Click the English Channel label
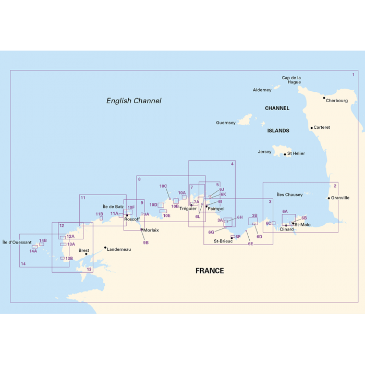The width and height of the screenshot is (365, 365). [x=133, y=101]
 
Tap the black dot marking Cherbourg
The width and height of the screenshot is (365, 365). [x=324, y=98]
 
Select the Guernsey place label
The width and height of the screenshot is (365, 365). [x=226, y=123]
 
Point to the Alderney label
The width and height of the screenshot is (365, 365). [x=262, y=90]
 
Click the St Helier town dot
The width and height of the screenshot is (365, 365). [x=285, y=154]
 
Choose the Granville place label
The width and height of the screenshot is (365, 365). [x=340, y=198]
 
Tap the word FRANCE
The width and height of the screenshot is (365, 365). [x=210, y=271]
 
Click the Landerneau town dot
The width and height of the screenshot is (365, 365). [x=105, y=248]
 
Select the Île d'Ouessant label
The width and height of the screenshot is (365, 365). [x=17, y=242]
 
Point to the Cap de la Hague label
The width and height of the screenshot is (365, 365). [x=291, y=80]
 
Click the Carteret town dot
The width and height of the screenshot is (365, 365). [x=311, y=128]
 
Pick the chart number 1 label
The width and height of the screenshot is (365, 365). [x=353, y=75]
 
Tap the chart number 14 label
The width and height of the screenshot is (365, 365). [x=23, y=264]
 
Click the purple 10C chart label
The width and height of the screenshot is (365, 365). [x=163, y=186]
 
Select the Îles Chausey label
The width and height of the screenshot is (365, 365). [x=289, y=195]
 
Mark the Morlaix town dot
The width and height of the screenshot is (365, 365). [x=141, y=229]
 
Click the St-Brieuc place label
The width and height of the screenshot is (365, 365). [x=223, y=241]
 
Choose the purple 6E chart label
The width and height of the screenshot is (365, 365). [x=250, y=244]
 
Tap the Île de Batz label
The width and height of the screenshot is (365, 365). [x=113, y=206]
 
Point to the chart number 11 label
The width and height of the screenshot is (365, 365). [x=83, y=198]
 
